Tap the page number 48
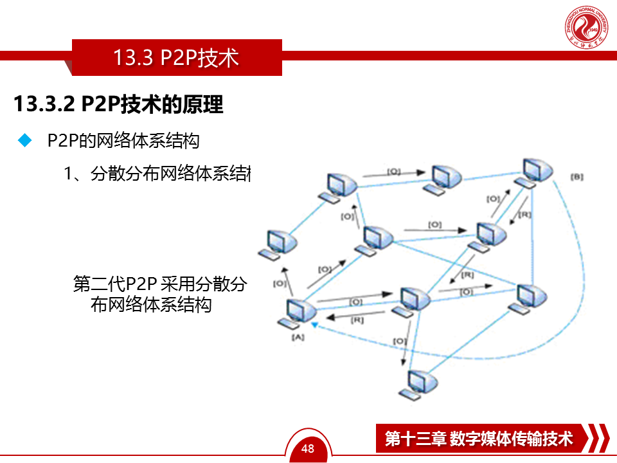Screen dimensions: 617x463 308,448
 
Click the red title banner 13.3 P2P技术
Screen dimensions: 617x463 176,58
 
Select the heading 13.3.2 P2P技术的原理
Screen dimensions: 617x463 118,104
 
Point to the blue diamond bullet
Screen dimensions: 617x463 25,141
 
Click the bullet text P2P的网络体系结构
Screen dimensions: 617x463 123,141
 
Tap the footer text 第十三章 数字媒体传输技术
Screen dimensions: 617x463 478,439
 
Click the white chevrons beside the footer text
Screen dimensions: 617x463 598,439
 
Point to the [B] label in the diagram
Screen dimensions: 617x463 577,176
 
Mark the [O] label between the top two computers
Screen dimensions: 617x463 393,172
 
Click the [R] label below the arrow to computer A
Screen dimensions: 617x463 357,320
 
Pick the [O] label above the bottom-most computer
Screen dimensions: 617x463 399,340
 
